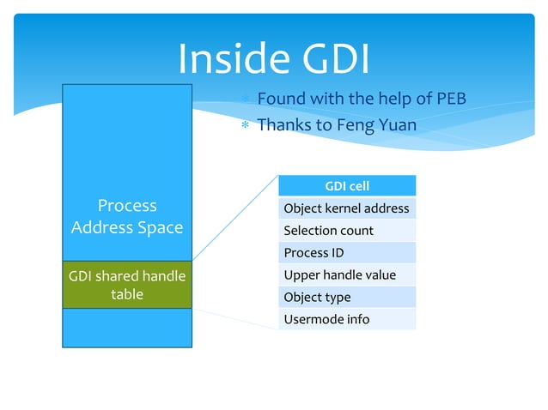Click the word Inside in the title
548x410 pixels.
tap(230, 59)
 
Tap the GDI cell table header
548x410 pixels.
tap(346, 186)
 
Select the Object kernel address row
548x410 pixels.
tap(346, 208)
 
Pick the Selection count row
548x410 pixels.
tap(346, 231)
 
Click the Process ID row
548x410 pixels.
tap(346, 253)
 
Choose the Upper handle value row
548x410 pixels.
tap(346, 275)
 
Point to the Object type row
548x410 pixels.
tap(346, 298)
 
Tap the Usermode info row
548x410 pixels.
tap(346, 319)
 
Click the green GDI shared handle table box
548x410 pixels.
tap(127, 285)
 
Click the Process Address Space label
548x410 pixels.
tap(127, 216)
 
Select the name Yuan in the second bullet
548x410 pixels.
tap(398, 125)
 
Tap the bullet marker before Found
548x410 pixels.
tap(245, 99)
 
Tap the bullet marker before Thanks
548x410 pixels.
tap(245, 126)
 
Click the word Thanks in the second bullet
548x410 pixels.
tap(285, 125)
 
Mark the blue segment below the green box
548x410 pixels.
tap(127, 328)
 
